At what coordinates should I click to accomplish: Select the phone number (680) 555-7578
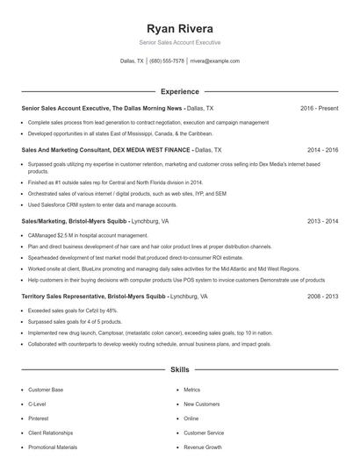167,61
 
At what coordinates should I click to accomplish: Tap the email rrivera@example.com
215,61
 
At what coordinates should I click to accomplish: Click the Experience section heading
179,91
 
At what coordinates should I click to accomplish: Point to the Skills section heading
179,370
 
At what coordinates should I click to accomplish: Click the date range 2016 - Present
319,108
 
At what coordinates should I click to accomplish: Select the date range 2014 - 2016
322,150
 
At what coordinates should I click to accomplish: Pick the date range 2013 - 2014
322,221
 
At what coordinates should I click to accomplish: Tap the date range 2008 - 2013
322,297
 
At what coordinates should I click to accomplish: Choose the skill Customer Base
46,390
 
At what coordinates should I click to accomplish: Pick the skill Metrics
191,390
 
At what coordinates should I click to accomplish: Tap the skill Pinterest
40,418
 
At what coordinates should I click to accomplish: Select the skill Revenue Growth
202,447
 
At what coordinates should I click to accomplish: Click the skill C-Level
37,404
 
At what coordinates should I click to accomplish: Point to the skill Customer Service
204,433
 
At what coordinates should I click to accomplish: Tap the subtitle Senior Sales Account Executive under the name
179,42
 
